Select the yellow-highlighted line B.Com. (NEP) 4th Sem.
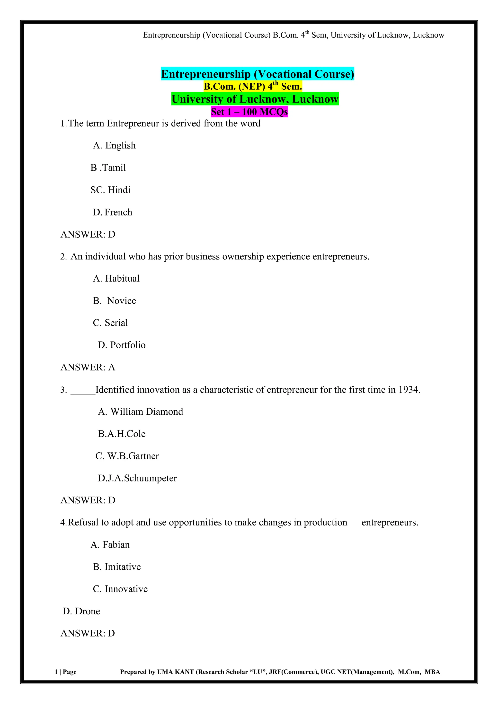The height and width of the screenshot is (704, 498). [253, 86]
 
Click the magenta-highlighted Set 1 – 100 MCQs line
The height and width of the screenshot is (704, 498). [249, 112]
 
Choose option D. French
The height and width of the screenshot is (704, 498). [112, 212]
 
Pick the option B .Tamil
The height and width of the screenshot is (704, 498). [108, 168]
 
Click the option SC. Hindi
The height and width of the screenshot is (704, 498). [110, 190]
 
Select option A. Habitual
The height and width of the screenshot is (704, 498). [116, 278]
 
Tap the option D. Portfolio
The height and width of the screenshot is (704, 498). [122, 345]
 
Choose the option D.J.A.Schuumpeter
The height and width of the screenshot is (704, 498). [137, 478]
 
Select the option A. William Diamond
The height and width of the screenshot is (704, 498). [140, 412]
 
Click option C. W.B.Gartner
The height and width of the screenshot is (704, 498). [127, 456]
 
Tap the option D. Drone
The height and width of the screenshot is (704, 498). [81, 611]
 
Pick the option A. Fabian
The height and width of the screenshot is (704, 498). [110, 545]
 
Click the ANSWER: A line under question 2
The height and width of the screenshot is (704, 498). [88, 367]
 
